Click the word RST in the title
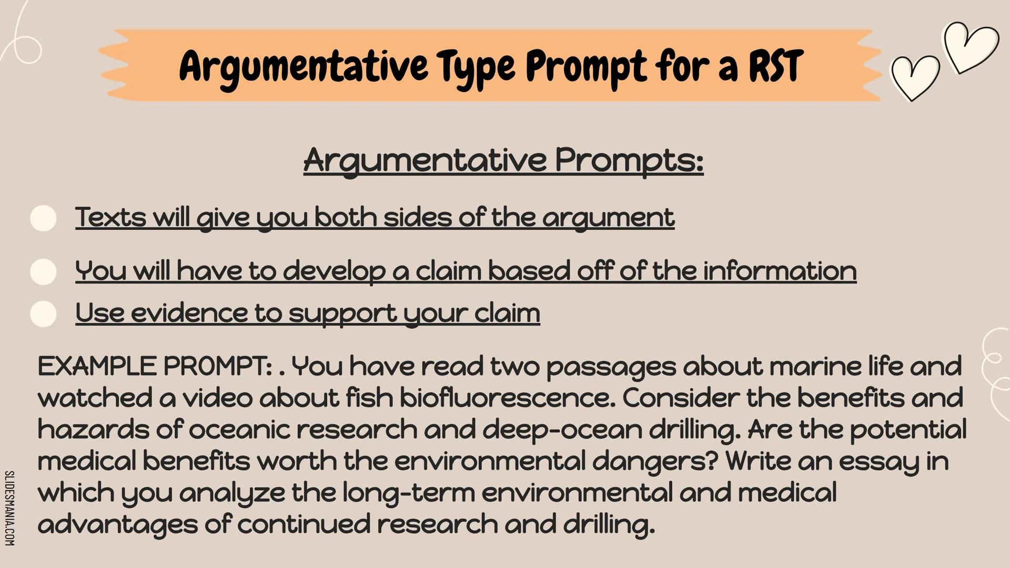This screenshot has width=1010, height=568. tap(776, 67)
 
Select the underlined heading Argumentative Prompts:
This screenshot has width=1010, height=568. tap(503, 160)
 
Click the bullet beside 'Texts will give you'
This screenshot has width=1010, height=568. tap(44, 218)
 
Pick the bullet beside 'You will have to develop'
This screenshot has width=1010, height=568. tap(44, 272)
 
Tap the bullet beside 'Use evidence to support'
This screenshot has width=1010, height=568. tap(44, 314)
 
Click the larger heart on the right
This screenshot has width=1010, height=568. tap(972, 47)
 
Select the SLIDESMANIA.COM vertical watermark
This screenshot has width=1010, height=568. tap(9, 508)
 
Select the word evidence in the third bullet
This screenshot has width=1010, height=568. tap(189, 313)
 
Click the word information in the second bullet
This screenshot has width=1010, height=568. tap(780, 271)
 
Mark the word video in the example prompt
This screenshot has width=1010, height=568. tap(217, 398)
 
